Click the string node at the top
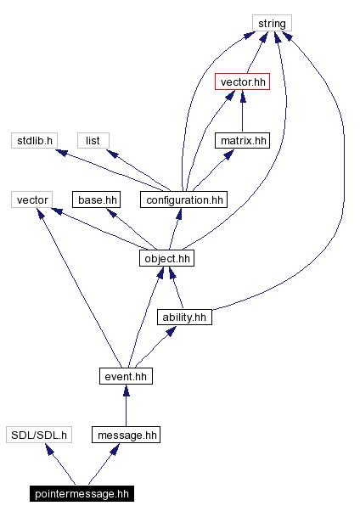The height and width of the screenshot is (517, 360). pos(271,23)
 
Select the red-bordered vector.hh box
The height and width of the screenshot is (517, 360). pos(243,82)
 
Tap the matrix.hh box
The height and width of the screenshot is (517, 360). pos(242,140)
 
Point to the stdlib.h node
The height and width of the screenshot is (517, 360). pos(35,140)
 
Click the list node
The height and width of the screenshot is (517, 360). pos(93,140)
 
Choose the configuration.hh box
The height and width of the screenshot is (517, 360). pos(184,199)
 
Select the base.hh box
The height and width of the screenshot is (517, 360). pos(96,199)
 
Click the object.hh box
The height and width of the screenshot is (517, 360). pos(166,258)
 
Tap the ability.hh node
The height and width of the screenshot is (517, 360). pos(183,317)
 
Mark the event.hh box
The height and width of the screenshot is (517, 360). pos(126,375)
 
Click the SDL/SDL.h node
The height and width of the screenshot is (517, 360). pos(38,435)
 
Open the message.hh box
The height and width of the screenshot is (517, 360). pos(126,435)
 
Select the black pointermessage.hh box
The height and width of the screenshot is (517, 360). pos(81,493)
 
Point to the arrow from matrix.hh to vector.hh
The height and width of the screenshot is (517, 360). pos(243,111)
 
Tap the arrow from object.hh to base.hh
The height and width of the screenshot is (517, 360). pos(127,227)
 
